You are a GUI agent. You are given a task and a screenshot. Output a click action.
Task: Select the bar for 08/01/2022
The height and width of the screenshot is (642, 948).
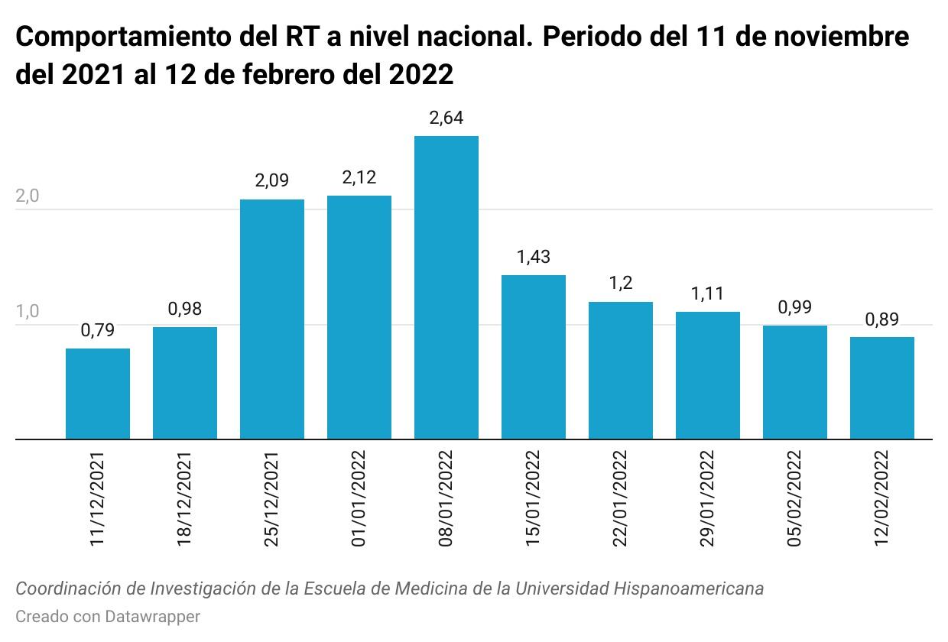pyautogui.click(x=446, y=287)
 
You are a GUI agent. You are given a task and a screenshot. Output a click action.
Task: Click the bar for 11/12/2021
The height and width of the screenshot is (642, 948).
pyautogui.click(x=98, y=394)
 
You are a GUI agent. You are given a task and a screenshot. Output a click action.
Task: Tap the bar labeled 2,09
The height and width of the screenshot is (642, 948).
pyautogui.click(x=272, y=319)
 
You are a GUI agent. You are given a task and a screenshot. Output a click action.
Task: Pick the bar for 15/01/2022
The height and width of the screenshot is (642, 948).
pyautogui.click(x=534, y=357)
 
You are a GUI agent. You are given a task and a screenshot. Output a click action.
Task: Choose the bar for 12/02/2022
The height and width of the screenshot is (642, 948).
pyautogui.click(x=882, y=387)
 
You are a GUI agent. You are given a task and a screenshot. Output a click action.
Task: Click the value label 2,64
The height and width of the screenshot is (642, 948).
pyautogui.click(x=446, y=118)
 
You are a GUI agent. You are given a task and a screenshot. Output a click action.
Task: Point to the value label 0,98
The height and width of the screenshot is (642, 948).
pyautogui.click(x=185, y=309)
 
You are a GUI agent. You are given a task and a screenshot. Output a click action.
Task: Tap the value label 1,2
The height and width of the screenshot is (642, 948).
pyautogui.click(x=621, y=284)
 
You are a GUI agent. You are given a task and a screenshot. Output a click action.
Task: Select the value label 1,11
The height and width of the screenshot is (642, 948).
pyautogui.click(x=708, y=293)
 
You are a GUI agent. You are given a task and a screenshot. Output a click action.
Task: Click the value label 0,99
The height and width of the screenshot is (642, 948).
pyautogui.click(x=795, y=307)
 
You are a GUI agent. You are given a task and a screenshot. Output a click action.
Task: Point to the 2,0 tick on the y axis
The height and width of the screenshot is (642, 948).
pyautogui.click(x=27, y=196)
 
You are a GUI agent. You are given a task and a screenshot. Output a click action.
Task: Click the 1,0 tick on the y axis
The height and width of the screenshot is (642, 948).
pyautogui.click(x=27, y=312)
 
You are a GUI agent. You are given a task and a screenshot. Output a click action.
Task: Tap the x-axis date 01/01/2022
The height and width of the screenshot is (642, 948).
pyautogui.click(x=359, y=498)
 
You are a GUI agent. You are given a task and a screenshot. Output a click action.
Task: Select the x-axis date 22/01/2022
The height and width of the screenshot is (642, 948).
pyautogui.click(x=621, y=498)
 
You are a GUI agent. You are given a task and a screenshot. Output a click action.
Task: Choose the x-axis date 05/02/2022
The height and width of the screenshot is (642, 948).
pyautogui.click(x=795, y=498)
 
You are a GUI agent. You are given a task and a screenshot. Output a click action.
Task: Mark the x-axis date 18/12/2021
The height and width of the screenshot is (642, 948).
pyautogui.click(x=185, y=498)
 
